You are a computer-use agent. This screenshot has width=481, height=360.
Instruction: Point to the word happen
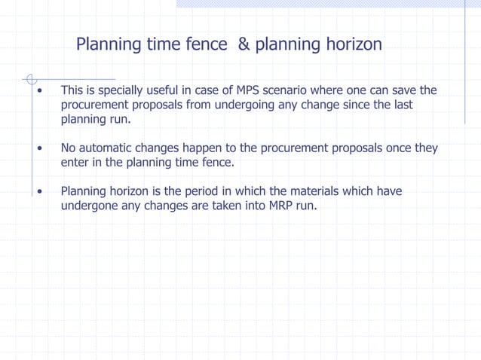tap(200, 148)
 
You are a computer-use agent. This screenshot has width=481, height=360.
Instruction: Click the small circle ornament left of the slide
tap(31, 78)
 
